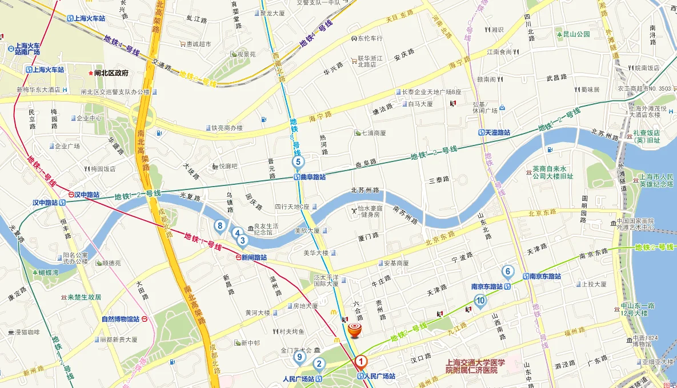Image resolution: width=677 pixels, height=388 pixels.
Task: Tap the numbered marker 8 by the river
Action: click(x=220, y=226)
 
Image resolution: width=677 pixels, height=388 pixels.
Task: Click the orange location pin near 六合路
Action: click(x=355, y=329)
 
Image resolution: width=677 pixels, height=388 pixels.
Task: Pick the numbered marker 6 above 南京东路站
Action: click(x=507, y=272)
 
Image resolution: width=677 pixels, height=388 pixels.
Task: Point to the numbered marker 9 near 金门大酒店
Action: click(x=299, y=358)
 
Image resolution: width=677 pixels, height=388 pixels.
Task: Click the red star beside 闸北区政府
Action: click(x=89, y=74)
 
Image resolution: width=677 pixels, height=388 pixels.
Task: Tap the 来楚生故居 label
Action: click(x=84, y=297)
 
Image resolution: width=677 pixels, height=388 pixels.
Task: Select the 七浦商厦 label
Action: click(x=374, y=133)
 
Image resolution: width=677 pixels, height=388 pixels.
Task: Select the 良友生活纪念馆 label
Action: click(x=266, y=229)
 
